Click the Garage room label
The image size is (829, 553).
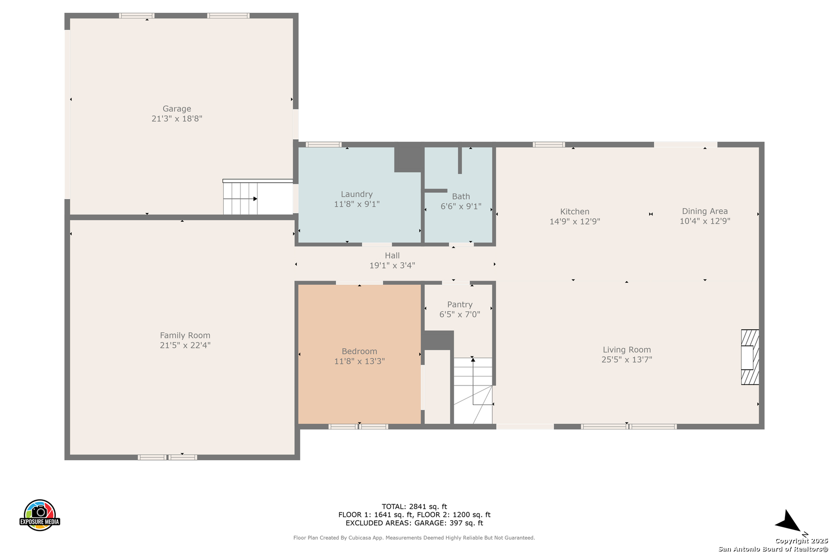pos(177,109)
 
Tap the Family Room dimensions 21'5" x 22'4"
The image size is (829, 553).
pos(185,345)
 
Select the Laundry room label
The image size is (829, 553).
pos(357,195)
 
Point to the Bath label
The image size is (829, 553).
pos(461,196)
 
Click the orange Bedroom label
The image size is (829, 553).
pos(359,351)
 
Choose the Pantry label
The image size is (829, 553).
pos(460,305)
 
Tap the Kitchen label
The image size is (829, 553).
pos(575,211)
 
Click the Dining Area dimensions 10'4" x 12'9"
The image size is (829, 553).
pos(705,221)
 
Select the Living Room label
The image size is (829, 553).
pos(627,350)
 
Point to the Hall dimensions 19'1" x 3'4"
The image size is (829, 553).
pos(392,266)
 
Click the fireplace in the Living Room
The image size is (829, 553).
pos(750,357)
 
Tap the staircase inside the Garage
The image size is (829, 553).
pos(240,197)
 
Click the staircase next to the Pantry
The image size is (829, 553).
pos(473,390)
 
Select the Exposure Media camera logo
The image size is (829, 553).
pos(39,515)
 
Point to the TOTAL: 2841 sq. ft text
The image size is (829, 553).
pos(414,506)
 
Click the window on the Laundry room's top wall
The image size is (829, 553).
pos(323,144)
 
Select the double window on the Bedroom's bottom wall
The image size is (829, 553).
pos(358,427)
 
